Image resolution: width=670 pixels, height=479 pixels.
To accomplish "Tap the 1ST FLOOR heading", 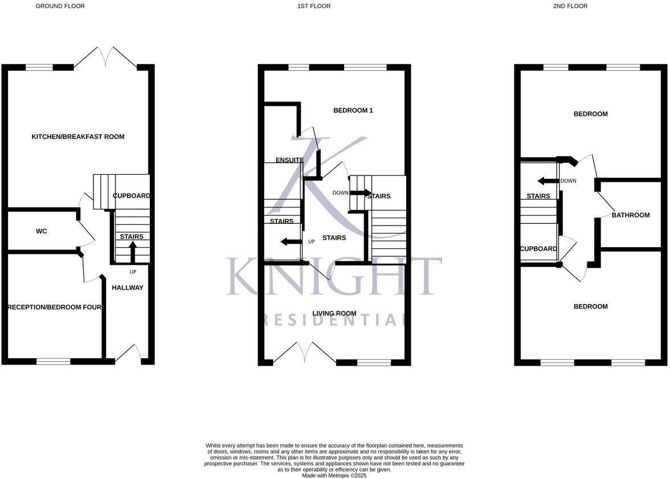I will click(313, 6).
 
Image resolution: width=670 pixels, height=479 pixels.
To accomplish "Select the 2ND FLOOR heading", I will click(570, 6).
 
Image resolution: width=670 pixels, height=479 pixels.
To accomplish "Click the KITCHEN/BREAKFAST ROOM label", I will click(77, 137).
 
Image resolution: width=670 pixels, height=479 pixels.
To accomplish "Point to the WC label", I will click(41, 231).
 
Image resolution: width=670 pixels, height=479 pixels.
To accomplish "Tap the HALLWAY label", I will click(127, 288).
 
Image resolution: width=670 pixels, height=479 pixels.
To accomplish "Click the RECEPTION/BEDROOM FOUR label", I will click(55, 308).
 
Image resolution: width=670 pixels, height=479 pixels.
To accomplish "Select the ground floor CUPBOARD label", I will click(131, 196).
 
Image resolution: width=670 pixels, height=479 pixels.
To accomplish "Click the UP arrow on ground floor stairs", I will click(133, 251).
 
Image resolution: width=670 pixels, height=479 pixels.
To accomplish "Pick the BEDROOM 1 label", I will click(353, 110).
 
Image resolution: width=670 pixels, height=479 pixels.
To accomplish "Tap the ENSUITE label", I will click(289, 160).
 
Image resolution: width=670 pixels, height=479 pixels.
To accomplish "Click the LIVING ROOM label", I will click(334, 313).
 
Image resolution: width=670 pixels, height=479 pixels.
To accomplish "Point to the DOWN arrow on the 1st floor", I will click(360, 193).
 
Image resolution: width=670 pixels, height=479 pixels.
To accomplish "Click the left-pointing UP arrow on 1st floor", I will click(291, 241).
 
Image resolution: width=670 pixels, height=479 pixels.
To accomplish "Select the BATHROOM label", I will click(631, 215).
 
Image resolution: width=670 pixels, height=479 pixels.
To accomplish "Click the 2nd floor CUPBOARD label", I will click(538, 249).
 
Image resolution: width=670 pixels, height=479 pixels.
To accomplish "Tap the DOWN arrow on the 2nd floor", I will click(548, 181).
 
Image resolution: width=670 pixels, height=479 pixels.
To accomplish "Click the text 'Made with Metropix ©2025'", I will click(334, 475).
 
